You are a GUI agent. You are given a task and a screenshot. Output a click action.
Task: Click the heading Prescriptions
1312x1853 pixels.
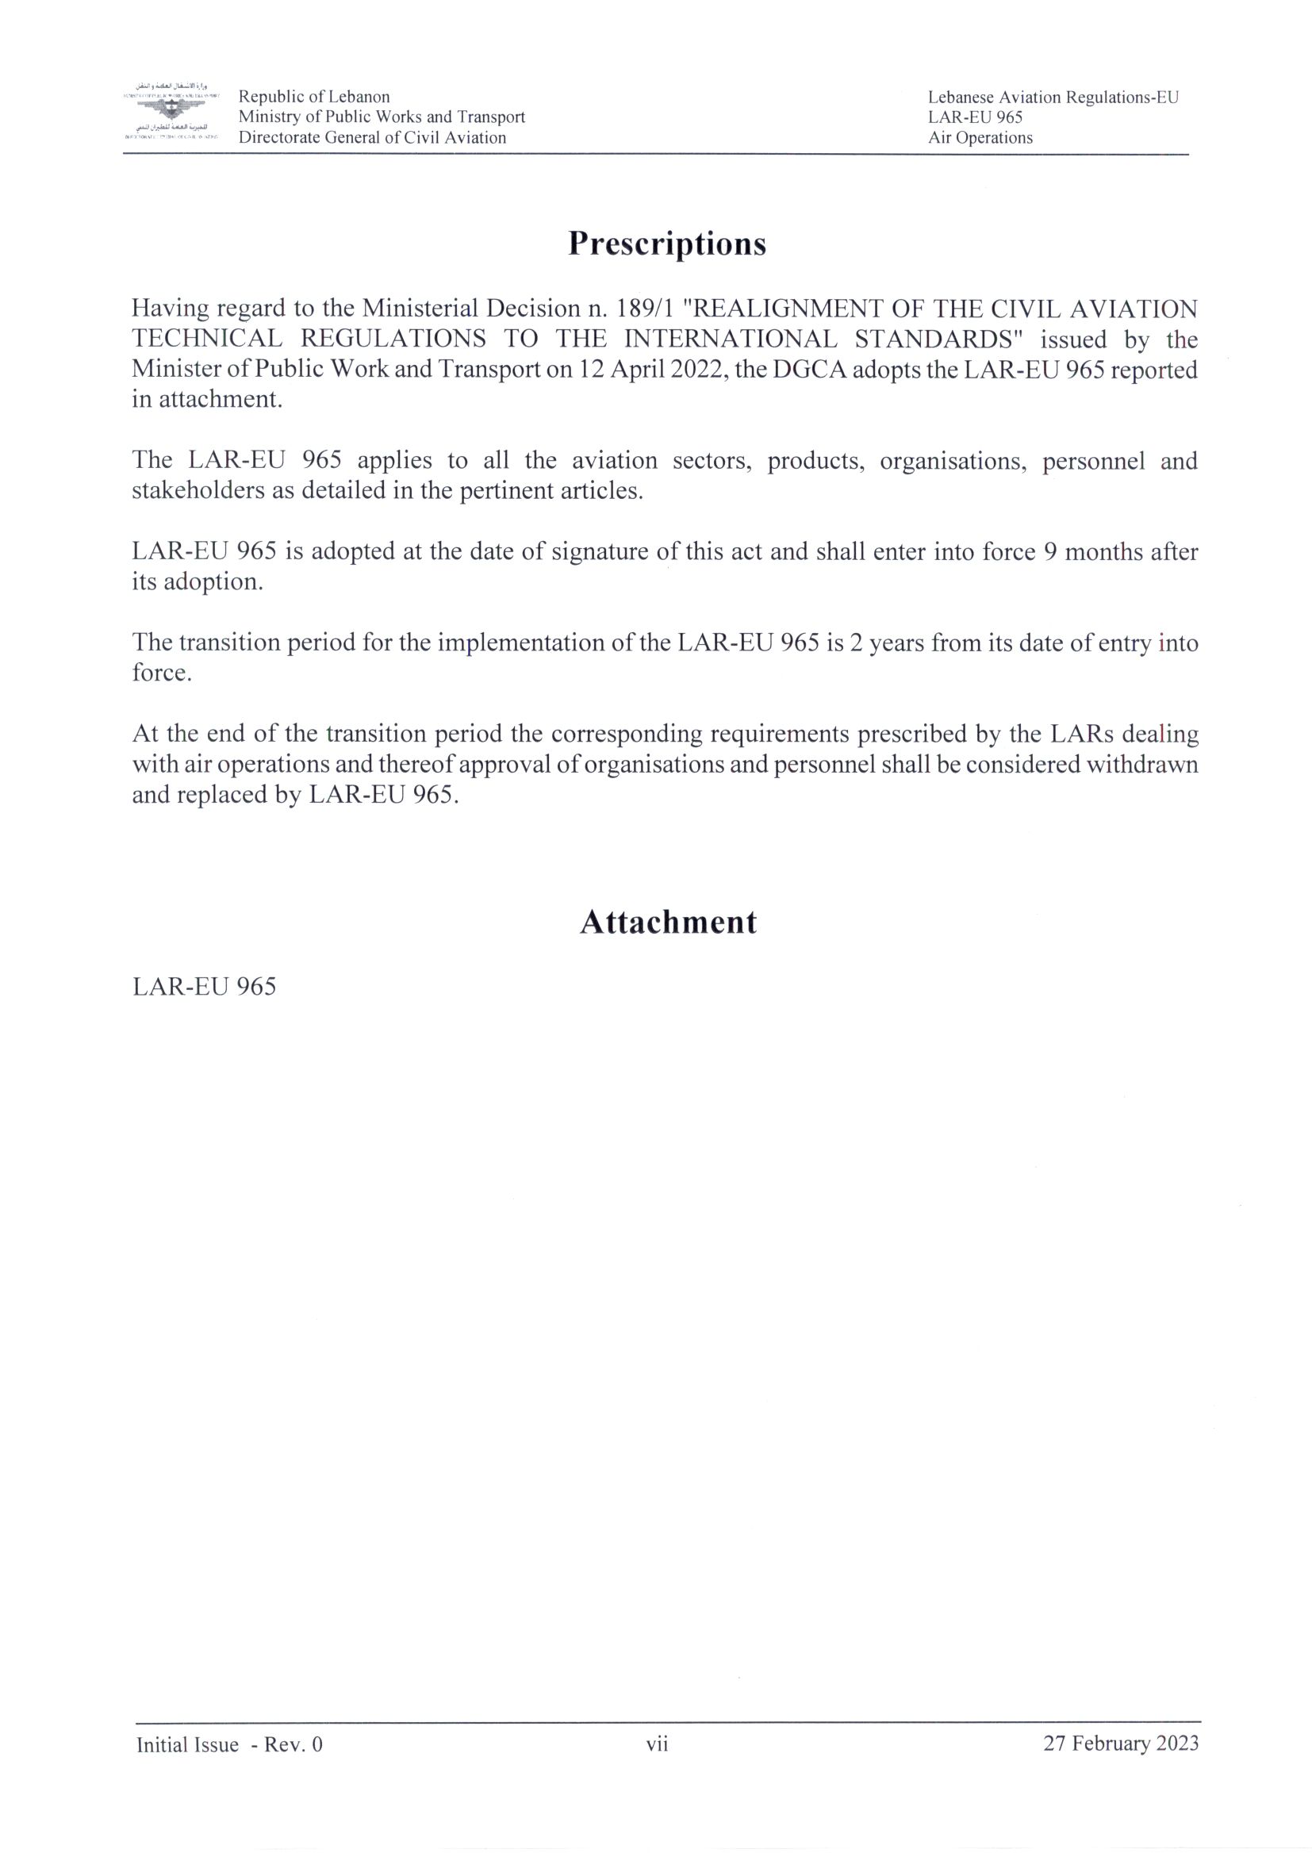pos(666,244)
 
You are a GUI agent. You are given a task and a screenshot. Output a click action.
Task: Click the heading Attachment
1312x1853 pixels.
pos(668,923)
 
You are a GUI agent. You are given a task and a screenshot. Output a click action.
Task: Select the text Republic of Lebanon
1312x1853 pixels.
pos(313,97)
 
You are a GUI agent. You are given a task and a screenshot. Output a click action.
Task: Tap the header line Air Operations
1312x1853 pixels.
pos(980,137)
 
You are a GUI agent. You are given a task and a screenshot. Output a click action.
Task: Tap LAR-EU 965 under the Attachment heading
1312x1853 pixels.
pos(204,986)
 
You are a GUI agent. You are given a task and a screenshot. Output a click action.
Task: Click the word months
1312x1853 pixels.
pos(1110,552)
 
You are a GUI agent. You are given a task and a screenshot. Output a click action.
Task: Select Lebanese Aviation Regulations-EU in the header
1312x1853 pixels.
pos(1053,98)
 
